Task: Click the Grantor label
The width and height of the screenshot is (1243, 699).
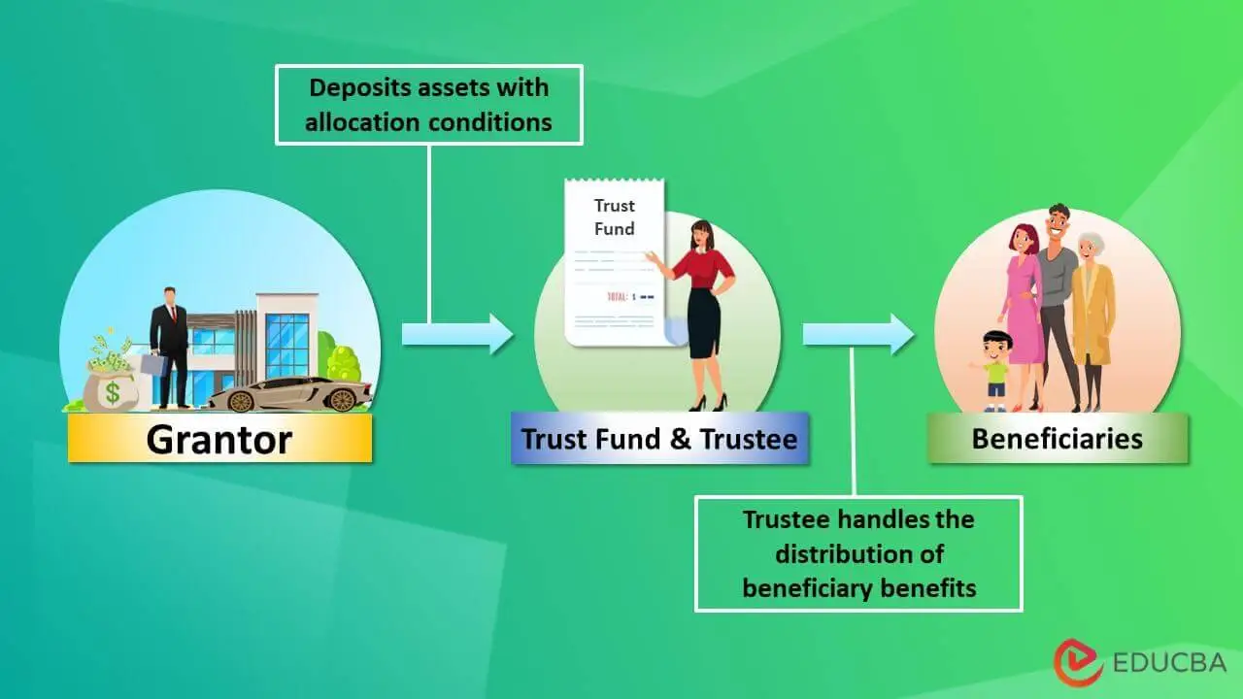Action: pos(219,438)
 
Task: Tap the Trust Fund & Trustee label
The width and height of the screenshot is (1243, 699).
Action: pos(659,438)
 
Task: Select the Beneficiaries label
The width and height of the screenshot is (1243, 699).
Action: pos(1058,438)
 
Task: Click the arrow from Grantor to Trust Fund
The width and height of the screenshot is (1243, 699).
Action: pos(457,334)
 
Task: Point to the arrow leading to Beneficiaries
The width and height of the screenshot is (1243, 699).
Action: pos(858,334)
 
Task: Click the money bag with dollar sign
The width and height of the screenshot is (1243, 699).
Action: pos(112,383)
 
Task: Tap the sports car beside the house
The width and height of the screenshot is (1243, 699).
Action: pos(289,394)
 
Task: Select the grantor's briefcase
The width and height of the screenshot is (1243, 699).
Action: pos(153,363)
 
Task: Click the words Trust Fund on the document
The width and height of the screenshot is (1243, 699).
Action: pos(615,216)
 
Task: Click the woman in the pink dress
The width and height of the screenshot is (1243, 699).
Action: pos(1023,316)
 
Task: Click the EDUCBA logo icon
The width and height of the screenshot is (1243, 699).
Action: pos(1078,662)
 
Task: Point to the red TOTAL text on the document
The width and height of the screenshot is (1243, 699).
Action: pos(617,297)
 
